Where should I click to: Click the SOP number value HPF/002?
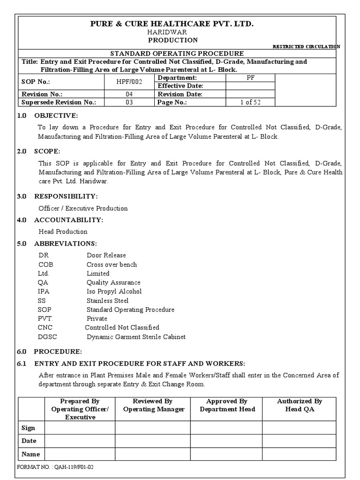[129, 82]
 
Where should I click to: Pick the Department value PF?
[250, 77]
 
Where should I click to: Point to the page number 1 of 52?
[250, 103]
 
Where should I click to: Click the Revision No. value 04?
[129, 94]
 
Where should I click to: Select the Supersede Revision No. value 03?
[129, 103]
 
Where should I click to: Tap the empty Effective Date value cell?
[250, 86]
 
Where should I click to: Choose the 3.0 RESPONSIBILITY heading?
[57, 196]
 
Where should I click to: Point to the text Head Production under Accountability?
[63, 232]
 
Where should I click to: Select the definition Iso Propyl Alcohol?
[114, 292]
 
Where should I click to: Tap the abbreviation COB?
[45, 264]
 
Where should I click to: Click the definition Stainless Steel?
[107, 300]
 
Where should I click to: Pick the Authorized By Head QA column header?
[300, 405]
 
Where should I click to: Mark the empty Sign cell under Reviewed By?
[153, 427]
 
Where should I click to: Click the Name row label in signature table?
[31, 454]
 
